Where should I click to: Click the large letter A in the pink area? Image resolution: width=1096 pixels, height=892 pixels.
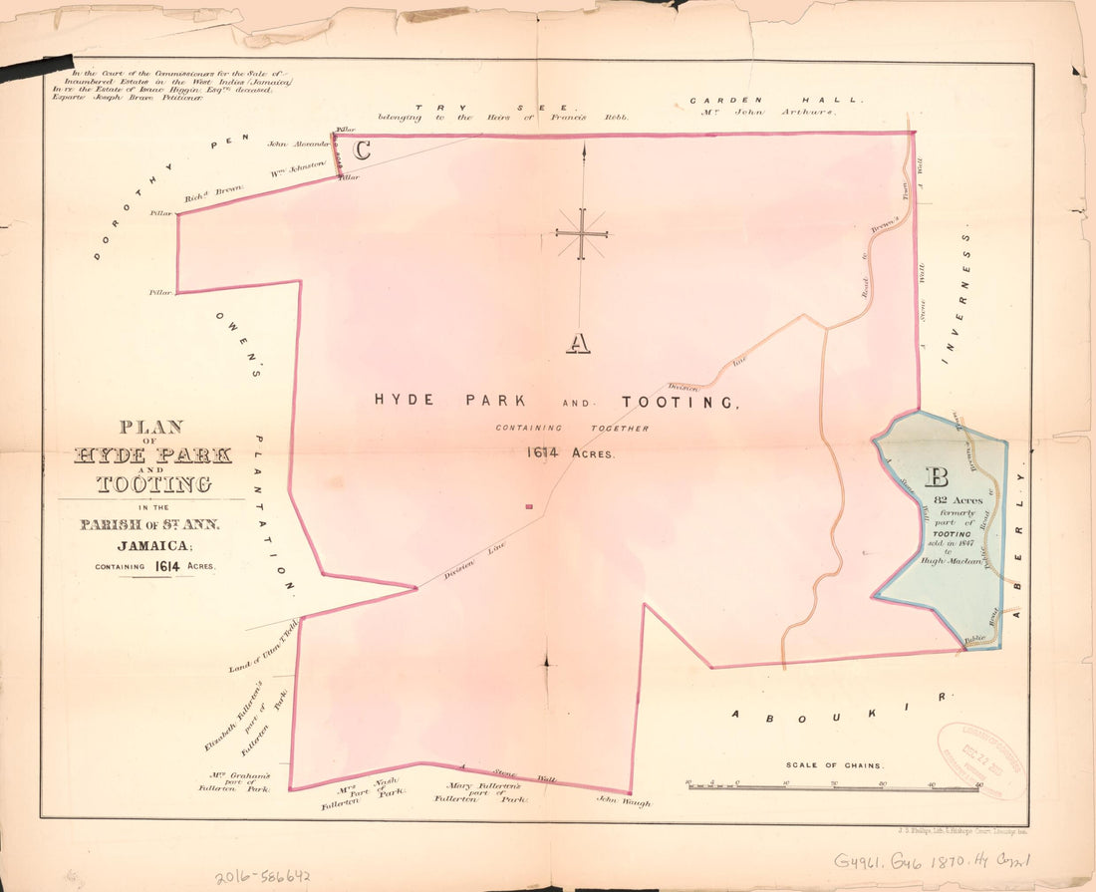pos(579,343)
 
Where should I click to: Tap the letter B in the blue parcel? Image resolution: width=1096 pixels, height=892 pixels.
pos(938,475)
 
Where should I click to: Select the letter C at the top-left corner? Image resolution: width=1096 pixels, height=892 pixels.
pos(363,150)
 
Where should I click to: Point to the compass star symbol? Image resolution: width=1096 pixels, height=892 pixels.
pos(582,234)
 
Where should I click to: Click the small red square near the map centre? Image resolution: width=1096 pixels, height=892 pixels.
pos(529,507)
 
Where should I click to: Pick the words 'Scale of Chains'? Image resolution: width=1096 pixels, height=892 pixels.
pos(834,765)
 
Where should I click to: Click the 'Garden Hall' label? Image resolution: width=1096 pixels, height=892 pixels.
pos(764,100)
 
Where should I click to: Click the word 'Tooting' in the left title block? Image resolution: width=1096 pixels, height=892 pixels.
pos(153,484)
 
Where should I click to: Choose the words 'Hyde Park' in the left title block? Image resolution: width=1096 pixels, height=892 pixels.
pos(152,455)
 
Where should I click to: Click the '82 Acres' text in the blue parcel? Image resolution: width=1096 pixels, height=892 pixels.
pos(959,500)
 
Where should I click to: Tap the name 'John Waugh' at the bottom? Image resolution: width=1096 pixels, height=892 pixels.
pos(623,801)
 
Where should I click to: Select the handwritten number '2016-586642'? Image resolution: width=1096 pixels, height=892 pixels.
pos(263,877)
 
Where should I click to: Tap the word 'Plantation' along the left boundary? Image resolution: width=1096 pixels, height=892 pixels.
pos(271,514)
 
